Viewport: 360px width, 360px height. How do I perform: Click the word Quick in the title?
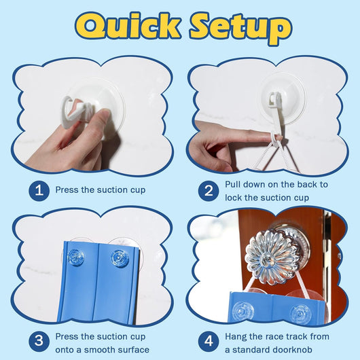(x=128, y=26)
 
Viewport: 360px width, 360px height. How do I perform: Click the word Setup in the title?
(x=240, y=28)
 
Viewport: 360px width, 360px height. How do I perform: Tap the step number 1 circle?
(x=39, y=191)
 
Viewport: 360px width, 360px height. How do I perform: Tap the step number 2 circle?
(x=209, y=191)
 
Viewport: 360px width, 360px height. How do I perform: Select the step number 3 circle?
(x=39, y=341)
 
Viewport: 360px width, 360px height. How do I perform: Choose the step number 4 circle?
(x=209, y=341)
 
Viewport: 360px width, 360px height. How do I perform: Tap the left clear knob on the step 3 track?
(x=75, y=257)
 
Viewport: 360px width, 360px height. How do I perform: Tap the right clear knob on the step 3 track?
(x=120, y=258)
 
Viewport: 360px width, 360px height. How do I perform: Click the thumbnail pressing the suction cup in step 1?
(x=106, y=113)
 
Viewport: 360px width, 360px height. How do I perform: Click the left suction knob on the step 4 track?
(x=242, y=310)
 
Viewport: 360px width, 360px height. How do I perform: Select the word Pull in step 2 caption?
(x=233, y=184)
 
